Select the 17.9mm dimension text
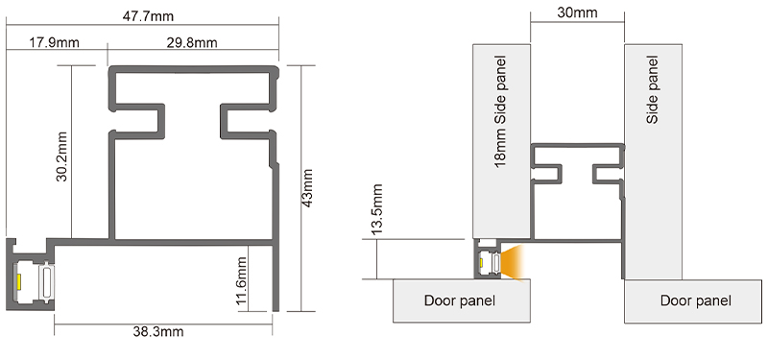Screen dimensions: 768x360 click(54, 42)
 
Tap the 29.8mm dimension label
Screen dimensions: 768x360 click(192, 42)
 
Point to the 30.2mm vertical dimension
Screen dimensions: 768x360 click(60, 152)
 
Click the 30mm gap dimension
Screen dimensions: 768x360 click(577, 13)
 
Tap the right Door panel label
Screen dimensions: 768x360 click(695, 301)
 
